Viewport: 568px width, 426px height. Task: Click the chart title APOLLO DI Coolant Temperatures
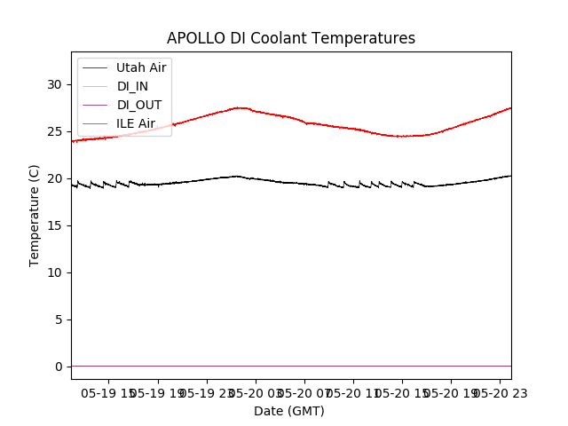[291, 38]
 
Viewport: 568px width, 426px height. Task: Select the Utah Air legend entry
[141, 67]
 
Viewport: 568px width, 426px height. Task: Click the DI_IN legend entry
[132, 86]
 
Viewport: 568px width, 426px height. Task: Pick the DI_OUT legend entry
[138, 105]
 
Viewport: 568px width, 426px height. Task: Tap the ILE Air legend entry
[136, 123]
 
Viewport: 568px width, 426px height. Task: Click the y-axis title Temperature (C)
[35, 216]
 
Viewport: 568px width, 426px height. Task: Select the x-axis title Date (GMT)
[289, 411]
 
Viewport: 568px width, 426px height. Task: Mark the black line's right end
[510, 176]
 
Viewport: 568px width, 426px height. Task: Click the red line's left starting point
[72, 141]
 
